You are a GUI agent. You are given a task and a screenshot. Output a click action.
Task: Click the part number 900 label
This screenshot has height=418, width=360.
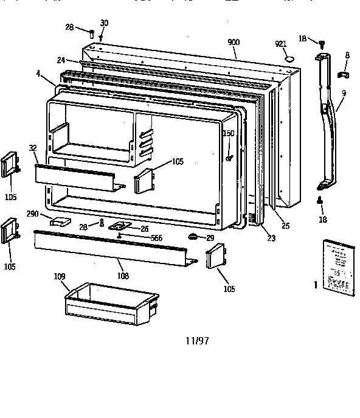point(233,42)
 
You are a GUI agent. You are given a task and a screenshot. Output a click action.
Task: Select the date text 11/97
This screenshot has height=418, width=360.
point(198,341)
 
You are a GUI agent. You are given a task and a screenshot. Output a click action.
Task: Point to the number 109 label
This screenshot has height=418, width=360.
point(60,277)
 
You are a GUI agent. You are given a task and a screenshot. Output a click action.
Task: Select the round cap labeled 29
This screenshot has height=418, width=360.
point(193,237)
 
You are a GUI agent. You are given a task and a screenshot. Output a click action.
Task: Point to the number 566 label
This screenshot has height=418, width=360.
point(156,238)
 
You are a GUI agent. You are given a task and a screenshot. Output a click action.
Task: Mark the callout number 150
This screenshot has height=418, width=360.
point(229,133)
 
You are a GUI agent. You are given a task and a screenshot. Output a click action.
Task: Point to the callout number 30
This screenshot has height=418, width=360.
point(104,23)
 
